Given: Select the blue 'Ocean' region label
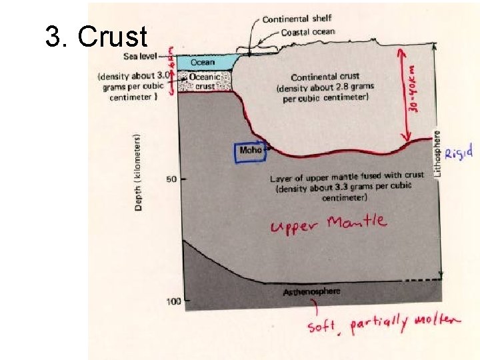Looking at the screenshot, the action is [x=203, y=62].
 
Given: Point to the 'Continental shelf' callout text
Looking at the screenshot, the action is [x=297, y=19].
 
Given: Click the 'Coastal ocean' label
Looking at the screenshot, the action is [x=307, y=32].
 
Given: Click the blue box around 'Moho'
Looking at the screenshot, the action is [x=251, y=151].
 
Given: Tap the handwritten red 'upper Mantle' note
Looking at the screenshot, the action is [x=328, y=223].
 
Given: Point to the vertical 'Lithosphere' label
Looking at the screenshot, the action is [x=438, y=153].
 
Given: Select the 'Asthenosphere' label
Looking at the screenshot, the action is [x=311, y=291].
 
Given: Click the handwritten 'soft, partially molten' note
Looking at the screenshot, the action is [x=383, y=325].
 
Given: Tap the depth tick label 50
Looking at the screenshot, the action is [x=170, y=179].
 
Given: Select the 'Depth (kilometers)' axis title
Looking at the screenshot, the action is [x=138, y=173].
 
